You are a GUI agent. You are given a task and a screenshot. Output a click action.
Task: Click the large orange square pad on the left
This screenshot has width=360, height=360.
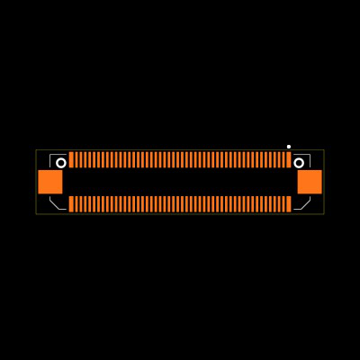[50, 182]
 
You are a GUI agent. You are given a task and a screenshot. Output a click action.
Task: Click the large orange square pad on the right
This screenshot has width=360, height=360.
[310, 182]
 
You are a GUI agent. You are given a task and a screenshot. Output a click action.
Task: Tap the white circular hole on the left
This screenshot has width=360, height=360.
[61, 163]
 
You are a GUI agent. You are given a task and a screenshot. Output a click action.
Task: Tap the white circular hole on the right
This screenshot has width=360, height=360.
[299, 163]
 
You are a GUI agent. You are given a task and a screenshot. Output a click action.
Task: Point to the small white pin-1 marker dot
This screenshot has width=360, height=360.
[289, 147]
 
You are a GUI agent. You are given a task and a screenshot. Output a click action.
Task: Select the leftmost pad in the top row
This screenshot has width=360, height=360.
[71, 159]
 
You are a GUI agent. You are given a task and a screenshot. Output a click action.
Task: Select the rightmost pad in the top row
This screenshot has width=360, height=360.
[289, 159]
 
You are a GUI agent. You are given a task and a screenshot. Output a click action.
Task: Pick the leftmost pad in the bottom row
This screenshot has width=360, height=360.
[71, 204]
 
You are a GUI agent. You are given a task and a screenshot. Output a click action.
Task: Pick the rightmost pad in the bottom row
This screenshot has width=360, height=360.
[289, 204]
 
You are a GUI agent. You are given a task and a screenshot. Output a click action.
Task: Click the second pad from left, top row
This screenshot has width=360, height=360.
[76, 159]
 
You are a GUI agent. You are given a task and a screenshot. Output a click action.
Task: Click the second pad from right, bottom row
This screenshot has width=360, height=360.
[284, 204]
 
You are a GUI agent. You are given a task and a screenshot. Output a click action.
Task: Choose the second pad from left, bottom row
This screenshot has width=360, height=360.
[76, 204]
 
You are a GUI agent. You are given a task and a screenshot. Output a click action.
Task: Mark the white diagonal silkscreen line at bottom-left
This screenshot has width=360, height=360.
[55, 204]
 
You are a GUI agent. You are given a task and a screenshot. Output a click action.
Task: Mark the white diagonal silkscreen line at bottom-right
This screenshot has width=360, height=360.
[305, 204]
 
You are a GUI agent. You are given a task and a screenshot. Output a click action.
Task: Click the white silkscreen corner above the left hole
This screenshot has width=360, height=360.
[51, 155]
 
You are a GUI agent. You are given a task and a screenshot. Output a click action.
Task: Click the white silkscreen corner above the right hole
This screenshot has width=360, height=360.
[309, 155]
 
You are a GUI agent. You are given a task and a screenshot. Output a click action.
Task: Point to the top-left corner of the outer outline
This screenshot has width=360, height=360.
[36, 150]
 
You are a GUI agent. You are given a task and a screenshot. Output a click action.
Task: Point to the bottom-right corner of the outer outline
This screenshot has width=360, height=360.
[324, 213]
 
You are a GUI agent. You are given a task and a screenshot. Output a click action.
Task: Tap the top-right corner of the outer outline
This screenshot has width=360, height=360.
[324, 150]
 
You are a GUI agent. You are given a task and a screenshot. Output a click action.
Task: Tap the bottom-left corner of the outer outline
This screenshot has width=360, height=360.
[36, 213]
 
